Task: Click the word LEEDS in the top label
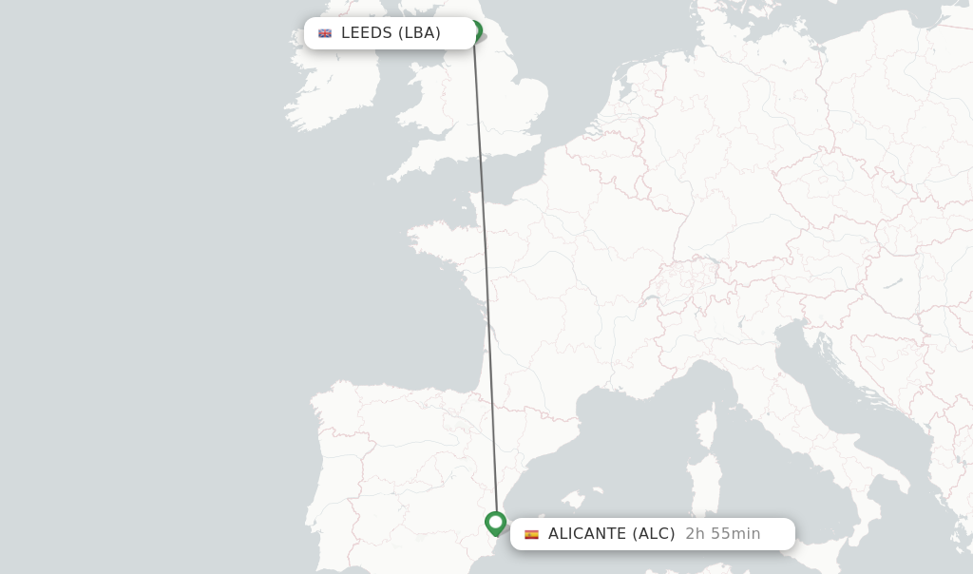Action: tap(367, 33)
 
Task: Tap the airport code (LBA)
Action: tap(419, 33)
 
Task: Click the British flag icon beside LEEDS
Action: tap(325, 33)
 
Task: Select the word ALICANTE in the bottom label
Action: tap(587, 534)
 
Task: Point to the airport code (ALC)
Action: tap(654, 534)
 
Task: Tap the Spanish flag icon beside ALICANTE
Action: tap(531, 534)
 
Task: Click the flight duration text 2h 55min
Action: tap(722, 534)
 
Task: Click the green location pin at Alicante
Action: tap(495, 523)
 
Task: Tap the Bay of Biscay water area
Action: tap(399, 323)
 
